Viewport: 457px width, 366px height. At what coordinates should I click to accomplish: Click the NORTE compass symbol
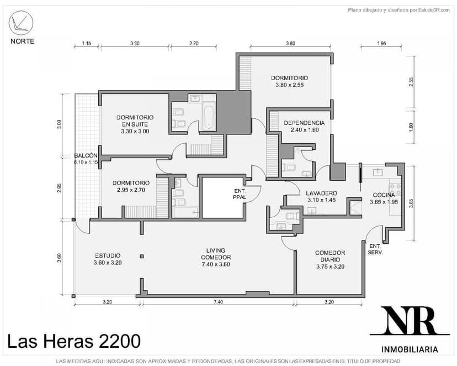click(21, 23)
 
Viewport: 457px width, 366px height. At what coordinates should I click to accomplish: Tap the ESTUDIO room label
click(108, 255)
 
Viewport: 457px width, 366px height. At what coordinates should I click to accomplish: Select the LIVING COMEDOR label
click(216, 254)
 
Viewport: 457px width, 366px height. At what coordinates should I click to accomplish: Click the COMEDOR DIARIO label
click(330, 257)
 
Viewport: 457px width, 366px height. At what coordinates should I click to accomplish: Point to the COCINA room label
click(384, 195)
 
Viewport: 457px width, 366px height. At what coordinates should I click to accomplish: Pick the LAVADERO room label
click(321, 193)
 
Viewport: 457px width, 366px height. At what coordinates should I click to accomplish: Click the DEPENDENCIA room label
click(304, 123)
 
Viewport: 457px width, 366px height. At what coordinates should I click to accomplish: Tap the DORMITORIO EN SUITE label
click(135, 121)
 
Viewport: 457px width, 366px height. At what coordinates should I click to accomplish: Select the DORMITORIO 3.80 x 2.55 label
click(289, 81)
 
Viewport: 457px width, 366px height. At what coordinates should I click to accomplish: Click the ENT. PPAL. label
click(240, 194)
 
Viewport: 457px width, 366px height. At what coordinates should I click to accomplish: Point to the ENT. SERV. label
click(375, 249)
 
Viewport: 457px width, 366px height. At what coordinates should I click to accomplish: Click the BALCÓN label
click(86, 155)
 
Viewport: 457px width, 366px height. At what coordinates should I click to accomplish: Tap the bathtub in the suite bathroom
click(209, 117)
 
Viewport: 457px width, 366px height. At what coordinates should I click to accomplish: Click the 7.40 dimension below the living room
click(218, 302)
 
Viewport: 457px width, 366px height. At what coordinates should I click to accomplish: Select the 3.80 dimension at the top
click(290, 43)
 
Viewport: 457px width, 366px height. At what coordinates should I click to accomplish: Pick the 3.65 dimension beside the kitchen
click(411, 203)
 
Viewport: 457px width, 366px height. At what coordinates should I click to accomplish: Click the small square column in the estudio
click(142, 257)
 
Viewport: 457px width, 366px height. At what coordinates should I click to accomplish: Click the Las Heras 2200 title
click(74, 341)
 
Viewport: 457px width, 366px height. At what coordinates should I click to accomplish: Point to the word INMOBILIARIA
click(410, 349)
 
